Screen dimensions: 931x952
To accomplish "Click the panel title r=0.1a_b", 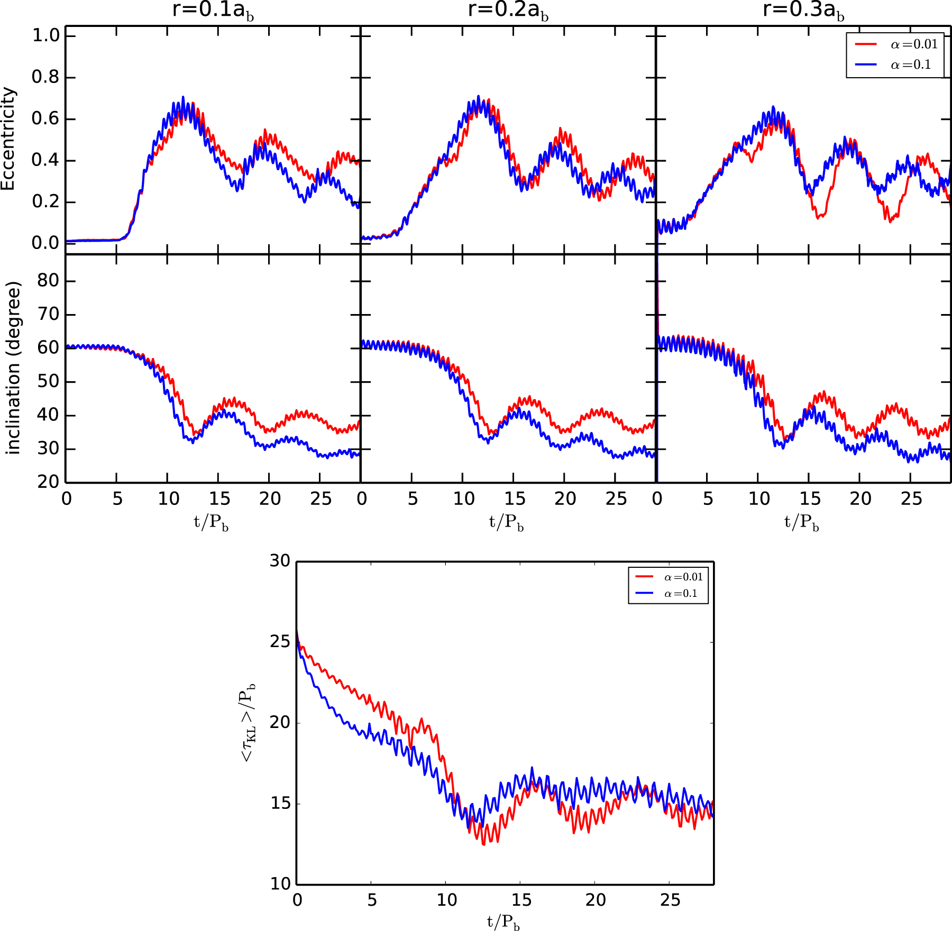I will click(213, 10).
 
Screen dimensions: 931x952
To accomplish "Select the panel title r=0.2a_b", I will click(508, 10).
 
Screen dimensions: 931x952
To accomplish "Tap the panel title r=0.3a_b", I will click(803, 10).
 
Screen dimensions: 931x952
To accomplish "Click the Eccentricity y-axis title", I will click(8, 139).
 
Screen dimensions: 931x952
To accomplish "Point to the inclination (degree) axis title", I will click(13, 368).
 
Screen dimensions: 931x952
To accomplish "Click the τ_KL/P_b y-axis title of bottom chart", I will click(248, 722).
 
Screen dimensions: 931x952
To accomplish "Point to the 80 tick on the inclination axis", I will click(48, 281).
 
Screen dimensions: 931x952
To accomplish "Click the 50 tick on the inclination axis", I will click(48, 382).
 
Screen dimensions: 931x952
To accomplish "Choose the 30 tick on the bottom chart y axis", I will click(280, 561).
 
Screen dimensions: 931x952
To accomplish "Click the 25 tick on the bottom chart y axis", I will click(280, 642).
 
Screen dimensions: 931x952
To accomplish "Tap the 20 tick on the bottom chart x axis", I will click(596, 900).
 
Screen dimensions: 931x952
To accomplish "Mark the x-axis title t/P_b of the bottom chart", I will click(503, 922).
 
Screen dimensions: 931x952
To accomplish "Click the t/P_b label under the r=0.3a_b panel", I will click(801, 522).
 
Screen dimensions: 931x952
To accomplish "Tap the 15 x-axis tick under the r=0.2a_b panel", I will click(515, 499).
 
